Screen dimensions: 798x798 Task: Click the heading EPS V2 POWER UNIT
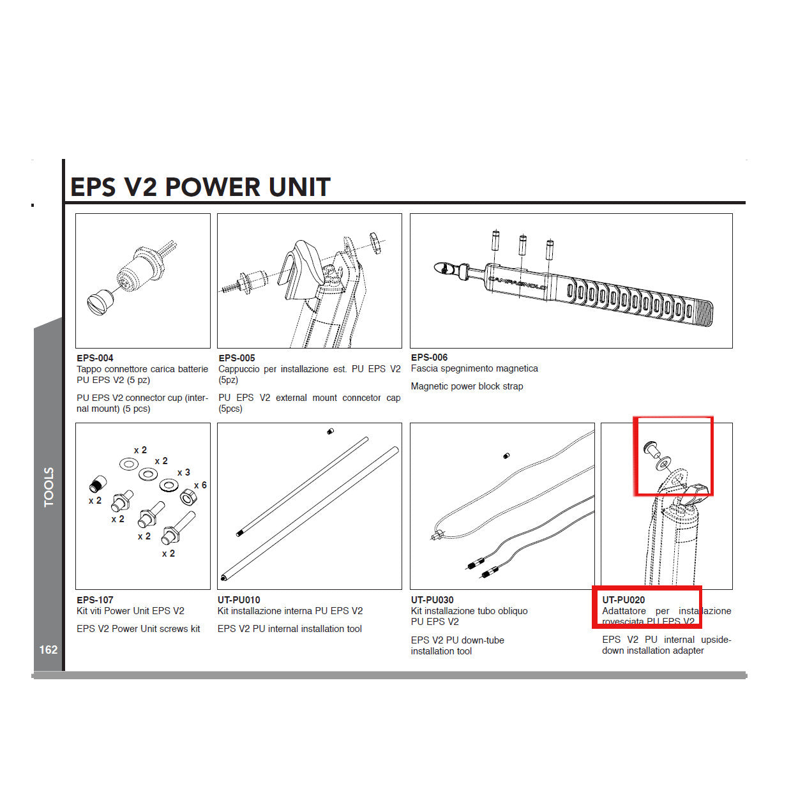200,187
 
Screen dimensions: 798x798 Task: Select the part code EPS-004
94,358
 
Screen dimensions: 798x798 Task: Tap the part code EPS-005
237,358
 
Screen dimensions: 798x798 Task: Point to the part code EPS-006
429,358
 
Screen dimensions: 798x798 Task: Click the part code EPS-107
94,600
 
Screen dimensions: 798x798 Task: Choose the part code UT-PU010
239,600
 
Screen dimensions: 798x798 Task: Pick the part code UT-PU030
432,600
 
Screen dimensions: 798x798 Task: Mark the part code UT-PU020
623,600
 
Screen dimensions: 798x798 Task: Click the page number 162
49,650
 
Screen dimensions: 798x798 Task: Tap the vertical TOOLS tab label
49,487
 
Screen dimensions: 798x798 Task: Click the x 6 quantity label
200,485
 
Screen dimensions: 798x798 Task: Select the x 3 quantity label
184,472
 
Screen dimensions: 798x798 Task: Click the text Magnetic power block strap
467,386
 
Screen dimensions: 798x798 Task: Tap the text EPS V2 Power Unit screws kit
138,629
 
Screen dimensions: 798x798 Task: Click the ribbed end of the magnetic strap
702,313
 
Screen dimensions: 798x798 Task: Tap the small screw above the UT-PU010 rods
330,432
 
